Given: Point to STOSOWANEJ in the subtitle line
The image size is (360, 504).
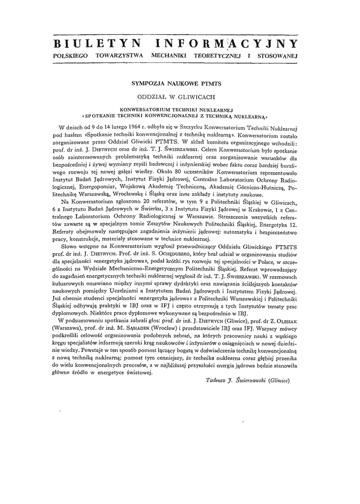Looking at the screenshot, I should click(278, 56).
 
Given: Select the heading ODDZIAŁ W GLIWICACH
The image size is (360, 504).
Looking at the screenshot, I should click(180, 97).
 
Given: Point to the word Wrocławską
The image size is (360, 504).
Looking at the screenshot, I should click(113, 195).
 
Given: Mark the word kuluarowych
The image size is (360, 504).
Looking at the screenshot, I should click(70, 285).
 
